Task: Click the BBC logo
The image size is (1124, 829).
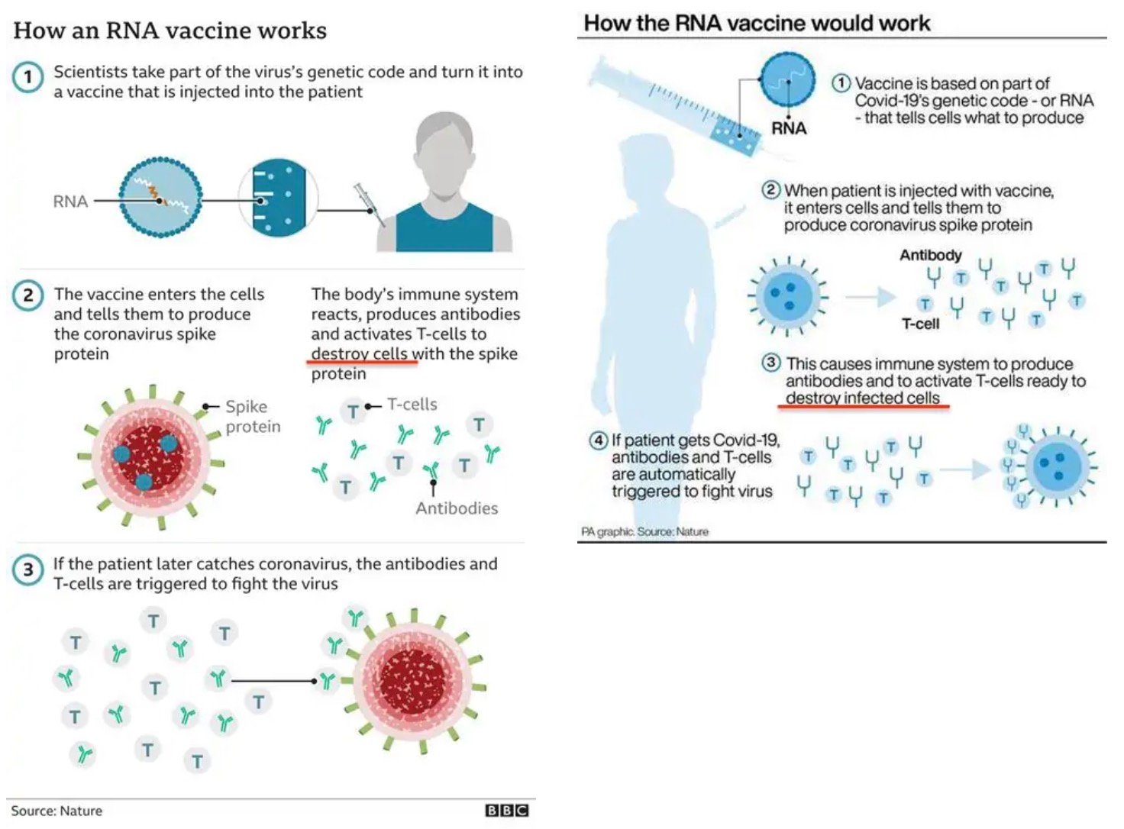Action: click(x=507, y=810)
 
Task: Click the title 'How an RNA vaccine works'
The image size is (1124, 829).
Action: click(x=170, y=31)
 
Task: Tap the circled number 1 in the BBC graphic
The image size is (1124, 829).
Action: click(x=28, y=77)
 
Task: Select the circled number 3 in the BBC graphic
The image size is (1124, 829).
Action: click(x=28, y=570)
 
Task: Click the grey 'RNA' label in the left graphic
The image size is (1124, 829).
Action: click(x=70, y=202)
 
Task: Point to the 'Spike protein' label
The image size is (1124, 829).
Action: click(x=252, y=416)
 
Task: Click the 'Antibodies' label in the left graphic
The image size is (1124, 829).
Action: click(x=457, y=508)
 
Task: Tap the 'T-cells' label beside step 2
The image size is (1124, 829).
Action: click(x=412, y=404)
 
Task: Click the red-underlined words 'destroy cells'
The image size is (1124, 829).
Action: click(x=363, y=353)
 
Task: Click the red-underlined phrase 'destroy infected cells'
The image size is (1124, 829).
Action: click(x=862, y=398)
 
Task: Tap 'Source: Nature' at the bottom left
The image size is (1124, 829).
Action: click(x=57, y=811)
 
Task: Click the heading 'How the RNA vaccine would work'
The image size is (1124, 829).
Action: click(x=757, y=23)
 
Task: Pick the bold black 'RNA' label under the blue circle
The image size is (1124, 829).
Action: click(x=789, y=128)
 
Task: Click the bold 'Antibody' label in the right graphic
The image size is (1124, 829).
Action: click(x=930, y=255)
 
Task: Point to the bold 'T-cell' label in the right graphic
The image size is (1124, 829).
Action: click(x=920, y=324)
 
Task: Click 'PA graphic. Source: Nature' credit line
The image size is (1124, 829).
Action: click(x=645, y=531)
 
